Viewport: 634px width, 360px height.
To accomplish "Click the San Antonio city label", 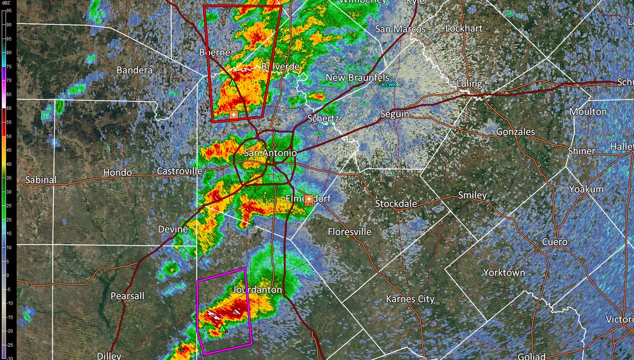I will [270, 153].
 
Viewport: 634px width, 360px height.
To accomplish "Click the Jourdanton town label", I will [257, 290].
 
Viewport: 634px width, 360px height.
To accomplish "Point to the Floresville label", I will [349, 232].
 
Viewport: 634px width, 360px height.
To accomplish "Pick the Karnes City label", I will [410, 299].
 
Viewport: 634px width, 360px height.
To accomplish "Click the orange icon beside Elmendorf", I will [309, 199].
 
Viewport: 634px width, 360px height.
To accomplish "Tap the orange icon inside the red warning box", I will [234, 115].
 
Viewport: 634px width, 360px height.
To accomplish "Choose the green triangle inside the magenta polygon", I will [222, 329].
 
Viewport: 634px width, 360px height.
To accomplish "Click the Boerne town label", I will [215, 52].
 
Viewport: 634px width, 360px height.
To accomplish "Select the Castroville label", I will [180, 171].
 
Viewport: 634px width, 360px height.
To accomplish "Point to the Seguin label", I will [396, 114].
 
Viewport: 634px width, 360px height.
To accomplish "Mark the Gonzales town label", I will [515, 132].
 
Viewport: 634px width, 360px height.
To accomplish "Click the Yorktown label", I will [504, 273].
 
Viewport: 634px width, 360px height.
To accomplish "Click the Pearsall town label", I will [127, 296].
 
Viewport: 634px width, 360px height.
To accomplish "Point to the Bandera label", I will [134, 70].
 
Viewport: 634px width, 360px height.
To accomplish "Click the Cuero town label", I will [555, 242].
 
